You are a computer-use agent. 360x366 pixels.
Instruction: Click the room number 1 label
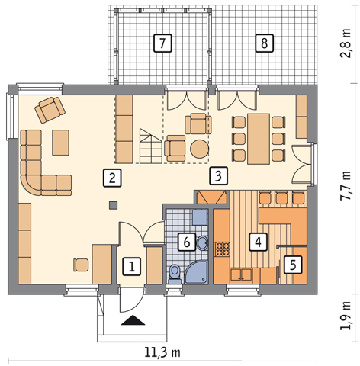pyautogui.click(x=132, y=267)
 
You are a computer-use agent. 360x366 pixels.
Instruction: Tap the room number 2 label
pyautogui.click(x=112, y=178)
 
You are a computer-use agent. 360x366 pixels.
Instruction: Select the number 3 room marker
pyautogui.click(x=218, y=175)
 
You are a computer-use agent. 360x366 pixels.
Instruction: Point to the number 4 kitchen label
pyautogui.click(x=259, y=242)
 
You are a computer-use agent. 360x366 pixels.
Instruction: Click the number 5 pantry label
pyautogui.click(x=293, y=265)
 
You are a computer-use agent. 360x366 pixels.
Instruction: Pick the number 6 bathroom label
pyautogui.click(x=187, y=242)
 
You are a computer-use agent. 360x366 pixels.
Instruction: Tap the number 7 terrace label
pyautogui.click(x=162, y=43)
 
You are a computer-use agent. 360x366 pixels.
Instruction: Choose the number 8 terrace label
pyautogui.click(x=265, y=43)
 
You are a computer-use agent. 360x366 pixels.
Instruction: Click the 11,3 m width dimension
pyautogui.click(x=162, y=352)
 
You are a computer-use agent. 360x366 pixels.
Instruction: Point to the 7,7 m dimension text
pyautogui.click(x=346, y=186)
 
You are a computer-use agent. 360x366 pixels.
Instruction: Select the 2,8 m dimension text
pyautogui.click(x=346, y=43)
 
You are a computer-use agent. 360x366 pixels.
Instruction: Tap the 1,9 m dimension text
pyautogui.click(x=346, y=316)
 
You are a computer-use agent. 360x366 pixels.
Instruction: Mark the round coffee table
pyautogui.click(x=200, y=149)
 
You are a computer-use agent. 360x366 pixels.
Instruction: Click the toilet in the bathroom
pyautogui.click(x=175, y=274)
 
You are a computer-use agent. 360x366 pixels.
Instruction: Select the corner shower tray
pyautogui.click(x=196, y=272)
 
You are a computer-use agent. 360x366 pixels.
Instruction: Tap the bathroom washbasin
pyautogui.click(x=202, y=243)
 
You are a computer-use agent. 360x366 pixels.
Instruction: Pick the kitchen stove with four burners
pyautogui.click(x=222, y=249)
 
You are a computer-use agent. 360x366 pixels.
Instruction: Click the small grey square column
pyautogui.click(x=114, y=205)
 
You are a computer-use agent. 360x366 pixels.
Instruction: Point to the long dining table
pyautogui.click(x=259, y=139)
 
